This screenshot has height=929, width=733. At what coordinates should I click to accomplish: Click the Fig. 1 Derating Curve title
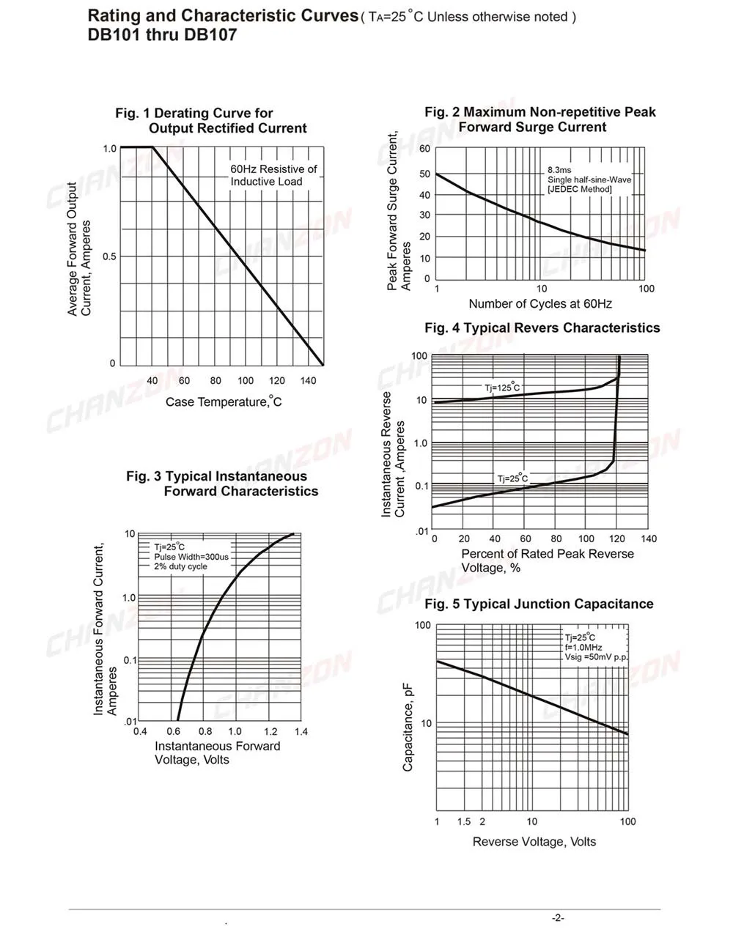pos(210,121)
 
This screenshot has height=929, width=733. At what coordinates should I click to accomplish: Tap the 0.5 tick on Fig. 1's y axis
pos(109,256)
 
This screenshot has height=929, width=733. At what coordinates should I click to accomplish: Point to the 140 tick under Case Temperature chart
pos(308,381)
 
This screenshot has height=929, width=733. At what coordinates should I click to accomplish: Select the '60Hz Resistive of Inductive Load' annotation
pos(273,175)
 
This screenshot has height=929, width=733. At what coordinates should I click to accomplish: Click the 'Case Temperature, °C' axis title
pos(224,401)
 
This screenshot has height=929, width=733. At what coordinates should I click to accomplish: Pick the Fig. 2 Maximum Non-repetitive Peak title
pos(540,119)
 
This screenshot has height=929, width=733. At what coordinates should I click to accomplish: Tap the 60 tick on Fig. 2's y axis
pos(425,149)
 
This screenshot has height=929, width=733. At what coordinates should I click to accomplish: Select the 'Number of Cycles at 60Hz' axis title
pos(540,304)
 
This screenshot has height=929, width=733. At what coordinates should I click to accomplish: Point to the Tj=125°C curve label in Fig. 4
pos(502,388)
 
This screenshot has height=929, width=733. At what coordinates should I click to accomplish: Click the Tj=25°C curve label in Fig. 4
pos(512,479)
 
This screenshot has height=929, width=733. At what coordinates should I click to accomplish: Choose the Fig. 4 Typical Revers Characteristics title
pos(542,328)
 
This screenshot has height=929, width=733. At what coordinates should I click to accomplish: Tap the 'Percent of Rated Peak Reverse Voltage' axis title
pos(547,560)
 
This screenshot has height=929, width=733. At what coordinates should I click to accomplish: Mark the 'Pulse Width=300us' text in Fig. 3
pos(191,557)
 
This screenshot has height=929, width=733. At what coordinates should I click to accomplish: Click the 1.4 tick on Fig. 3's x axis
pos(301,731)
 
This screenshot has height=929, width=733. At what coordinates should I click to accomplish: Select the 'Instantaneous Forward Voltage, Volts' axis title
pos(217,752)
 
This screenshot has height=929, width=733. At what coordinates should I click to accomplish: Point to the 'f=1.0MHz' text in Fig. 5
pos(583,648)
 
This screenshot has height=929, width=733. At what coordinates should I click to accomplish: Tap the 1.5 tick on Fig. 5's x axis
pos(464,821)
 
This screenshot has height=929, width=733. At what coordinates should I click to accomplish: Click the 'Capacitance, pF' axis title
pos(408,726)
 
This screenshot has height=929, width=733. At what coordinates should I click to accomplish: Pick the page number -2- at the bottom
pos(558,918)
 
